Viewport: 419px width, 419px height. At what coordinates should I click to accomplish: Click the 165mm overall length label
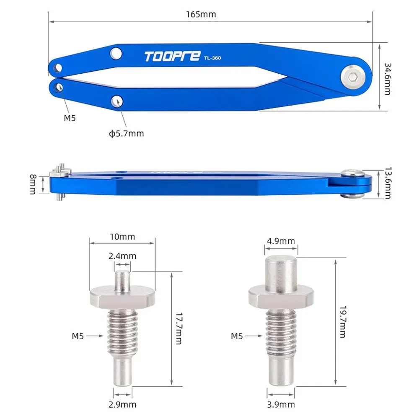point(201,14)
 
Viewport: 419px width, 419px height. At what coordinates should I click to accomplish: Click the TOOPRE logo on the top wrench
point(172,57)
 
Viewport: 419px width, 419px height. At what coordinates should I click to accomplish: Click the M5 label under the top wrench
point(70,118)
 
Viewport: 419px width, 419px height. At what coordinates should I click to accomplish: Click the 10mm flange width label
point(123,237)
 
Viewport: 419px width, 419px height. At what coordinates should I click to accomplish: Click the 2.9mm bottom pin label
point(122,404)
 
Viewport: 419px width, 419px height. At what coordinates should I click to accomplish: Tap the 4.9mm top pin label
point(281,241)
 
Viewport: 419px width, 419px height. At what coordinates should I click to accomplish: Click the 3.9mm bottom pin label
point(281,404)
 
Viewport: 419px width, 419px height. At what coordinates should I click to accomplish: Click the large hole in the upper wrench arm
point(116,53)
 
